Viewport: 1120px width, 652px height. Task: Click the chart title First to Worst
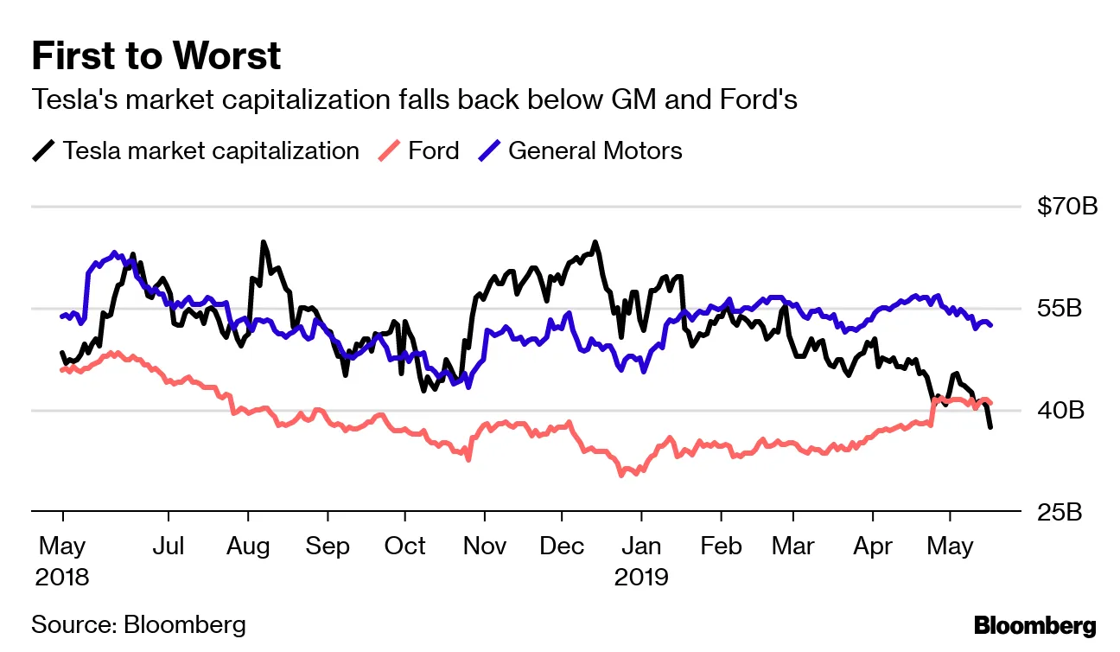coord(156,56)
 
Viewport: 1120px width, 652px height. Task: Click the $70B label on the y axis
coord(1066,208)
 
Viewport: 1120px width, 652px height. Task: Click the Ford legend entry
coord(433,150)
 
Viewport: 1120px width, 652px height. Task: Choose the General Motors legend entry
coord(595,150)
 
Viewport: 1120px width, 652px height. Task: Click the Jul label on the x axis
coord(168,547)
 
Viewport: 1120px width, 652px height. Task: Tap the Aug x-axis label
coord(248,547)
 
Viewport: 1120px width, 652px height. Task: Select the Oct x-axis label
coord(404,547)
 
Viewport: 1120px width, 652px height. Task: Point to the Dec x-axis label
coord(562,547)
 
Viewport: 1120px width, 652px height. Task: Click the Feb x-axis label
coord(721,547)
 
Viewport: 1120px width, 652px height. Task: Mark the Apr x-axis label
coord(872,547)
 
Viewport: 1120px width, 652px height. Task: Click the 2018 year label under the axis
coord(62,577)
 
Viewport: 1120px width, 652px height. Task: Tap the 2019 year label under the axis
coord(641,577)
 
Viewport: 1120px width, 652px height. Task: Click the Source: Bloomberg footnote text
coord(138,625)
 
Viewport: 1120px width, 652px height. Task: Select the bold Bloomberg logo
coord(1034,626)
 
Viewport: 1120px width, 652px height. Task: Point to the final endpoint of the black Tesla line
coord(990,427)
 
